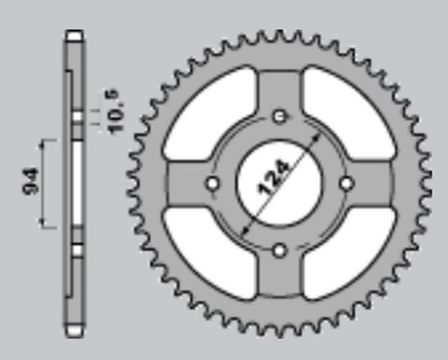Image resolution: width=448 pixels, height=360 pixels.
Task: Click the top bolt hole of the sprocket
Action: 279,116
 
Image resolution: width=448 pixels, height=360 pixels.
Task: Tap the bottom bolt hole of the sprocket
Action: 279,249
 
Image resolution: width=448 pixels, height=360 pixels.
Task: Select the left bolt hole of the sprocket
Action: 212,183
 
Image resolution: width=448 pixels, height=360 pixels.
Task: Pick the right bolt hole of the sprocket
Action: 346,183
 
